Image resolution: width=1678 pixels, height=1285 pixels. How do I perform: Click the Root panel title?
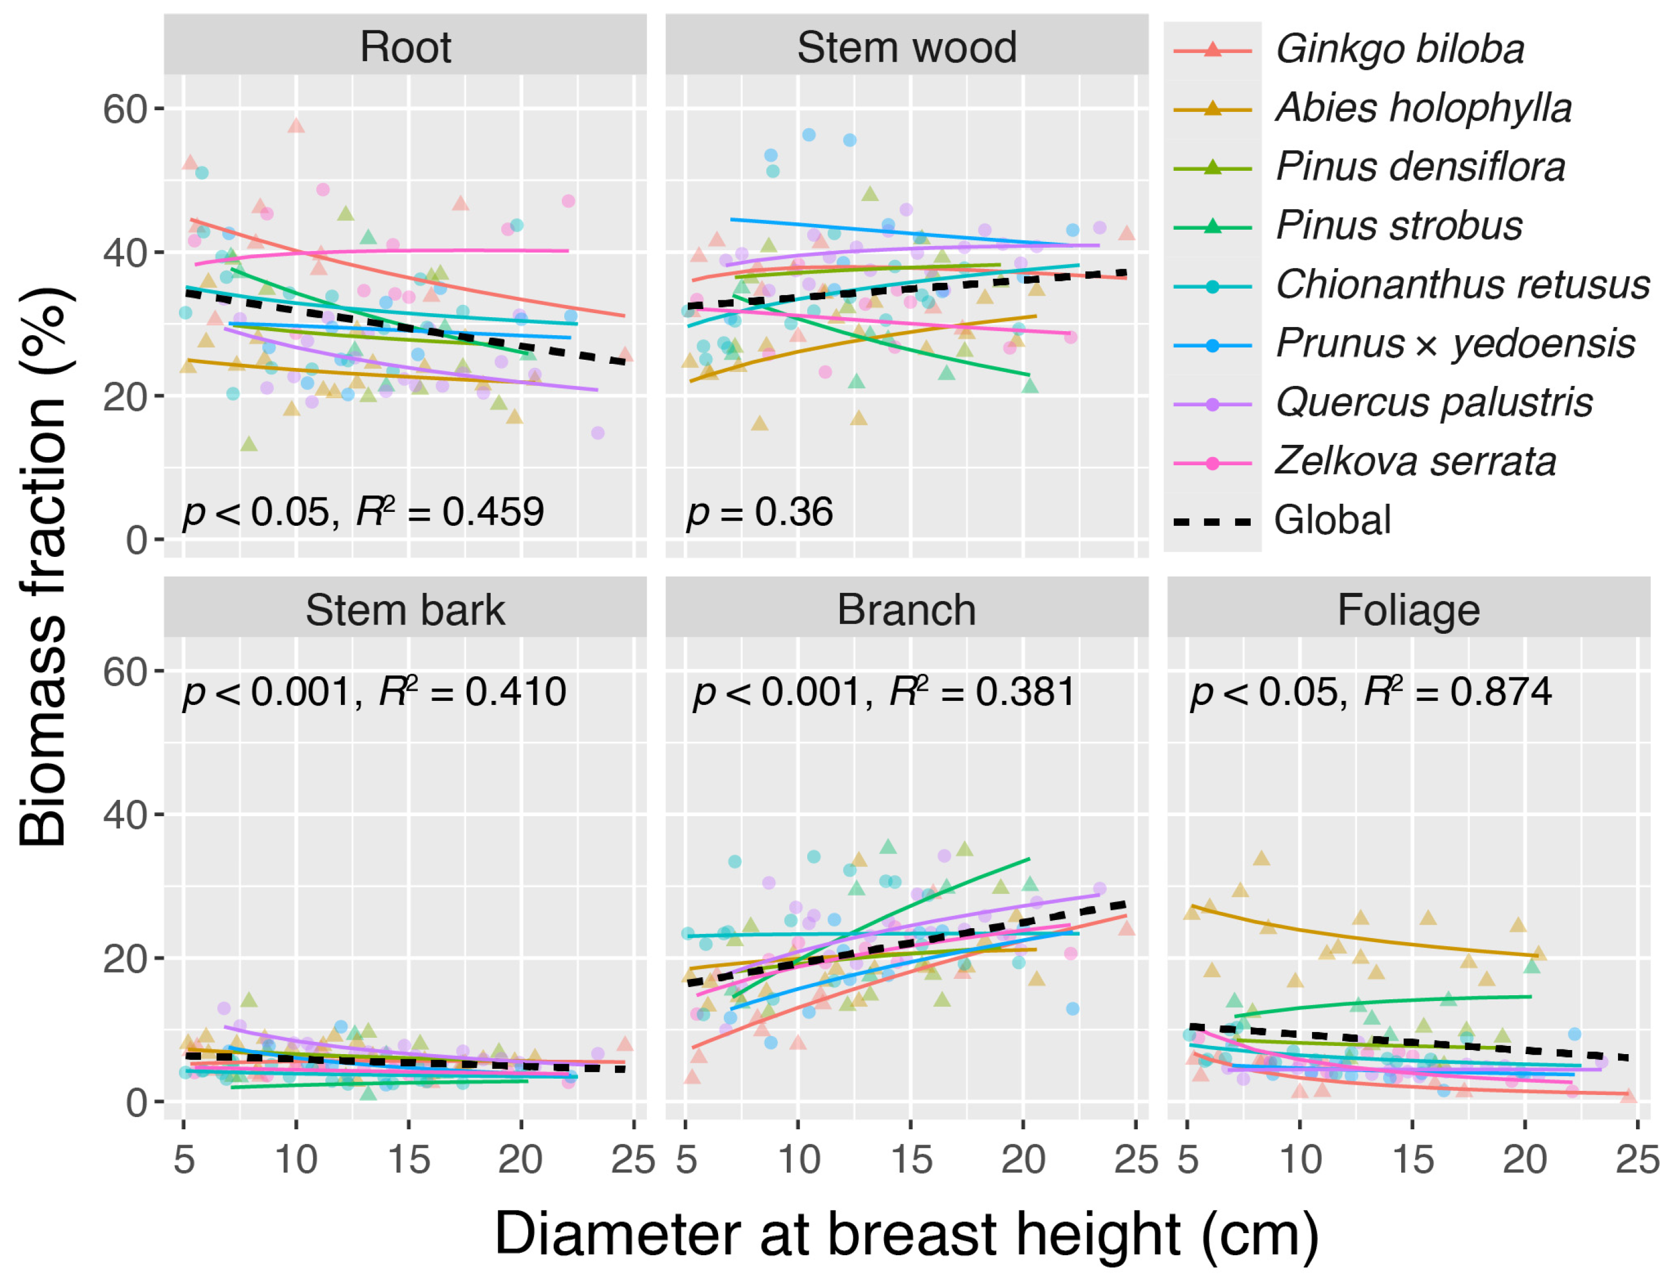[x=405, y=47]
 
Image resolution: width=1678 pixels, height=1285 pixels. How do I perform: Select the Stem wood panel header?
[x=907, y=47]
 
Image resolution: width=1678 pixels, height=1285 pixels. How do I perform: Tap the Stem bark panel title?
[x=405, y=610]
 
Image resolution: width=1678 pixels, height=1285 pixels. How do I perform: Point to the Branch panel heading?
[x=907, y=610]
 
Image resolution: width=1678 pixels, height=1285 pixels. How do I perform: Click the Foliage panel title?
[x=1408, y=610]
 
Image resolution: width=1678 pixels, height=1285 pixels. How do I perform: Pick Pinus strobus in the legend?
[x=1399, y=226]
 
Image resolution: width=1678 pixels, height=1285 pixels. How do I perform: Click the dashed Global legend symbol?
[x=1212, y=522]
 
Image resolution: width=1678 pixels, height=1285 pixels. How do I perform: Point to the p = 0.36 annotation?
[x=759, y=512]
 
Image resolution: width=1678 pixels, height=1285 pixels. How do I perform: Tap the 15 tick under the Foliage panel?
[x=1413, y=1160]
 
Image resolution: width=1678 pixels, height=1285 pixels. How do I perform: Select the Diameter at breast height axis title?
[x=907, y=1234]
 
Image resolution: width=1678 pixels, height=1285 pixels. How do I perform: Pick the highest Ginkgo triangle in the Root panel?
[x=296, y=126]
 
